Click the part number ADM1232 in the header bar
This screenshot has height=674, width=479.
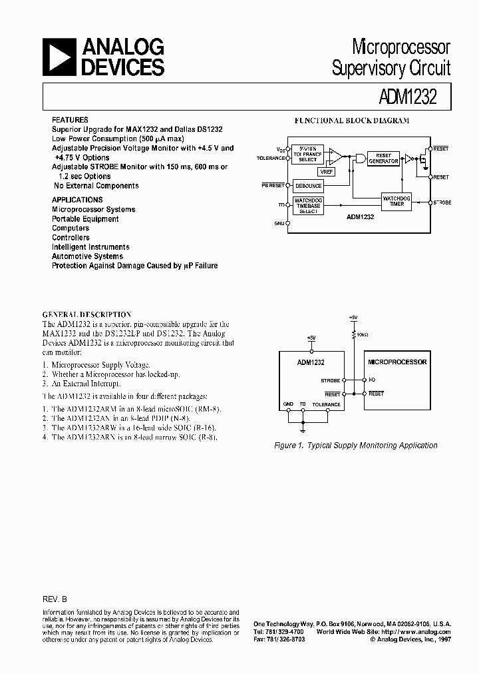point(412,98)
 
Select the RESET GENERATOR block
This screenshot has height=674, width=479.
point(383,158)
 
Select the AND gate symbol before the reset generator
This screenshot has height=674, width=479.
point(360,158)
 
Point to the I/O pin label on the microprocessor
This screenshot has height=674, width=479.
point(373,380)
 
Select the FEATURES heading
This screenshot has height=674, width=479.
point(70,119)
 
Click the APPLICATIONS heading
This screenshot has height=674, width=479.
point(77,200)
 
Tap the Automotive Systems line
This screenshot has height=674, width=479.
point(87,256)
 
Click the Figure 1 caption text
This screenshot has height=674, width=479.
point(357,445)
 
